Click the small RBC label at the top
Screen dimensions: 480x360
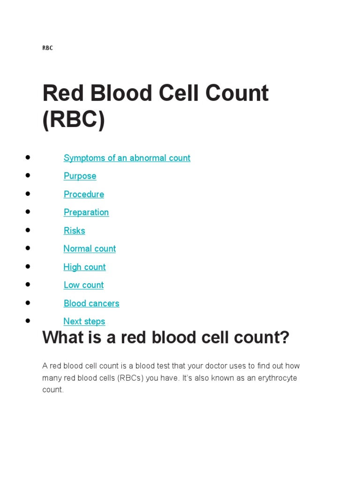(47, 48)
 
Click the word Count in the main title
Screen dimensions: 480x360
(235, 93)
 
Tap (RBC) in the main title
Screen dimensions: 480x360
(74, 120)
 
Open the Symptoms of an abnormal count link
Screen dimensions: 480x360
(127, 158)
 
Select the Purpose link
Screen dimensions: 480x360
(80, 176)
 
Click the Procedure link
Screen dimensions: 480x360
(84, 194)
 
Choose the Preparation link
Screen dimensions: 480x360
(86, 212)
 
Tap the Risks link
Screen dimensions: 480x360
(75, 231)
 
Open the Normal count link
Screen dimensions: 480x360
(90, 249)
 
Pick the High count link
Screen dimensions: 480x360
(84, 267)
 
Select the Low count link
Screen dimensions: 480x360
(83, 285)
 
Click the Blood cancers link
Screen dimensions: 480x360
(91, 303)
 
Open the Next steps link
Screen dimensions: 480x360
(84, 322)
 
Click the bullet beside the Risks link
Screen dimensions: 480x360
(28, 230)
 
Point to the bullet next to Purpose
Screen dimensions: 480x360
(28, 175)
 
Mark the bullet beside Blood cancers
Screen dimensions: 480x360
(28, 302)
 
